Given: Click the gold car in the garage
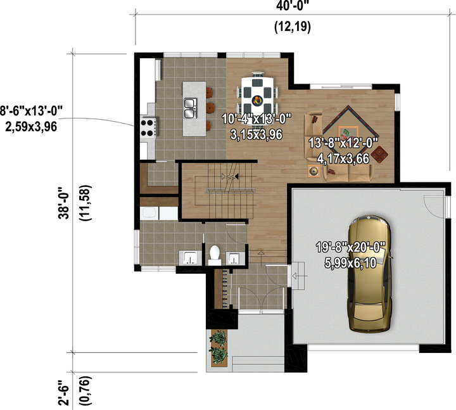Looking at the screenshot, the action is (x=369, y=274).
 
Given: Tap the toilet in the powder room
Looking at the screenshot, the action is (x=215, y=255).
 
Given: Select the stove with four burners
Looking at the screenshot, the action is (x=148, y=129).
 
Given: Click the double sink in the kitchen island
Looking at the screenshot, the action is (x=190, y=108).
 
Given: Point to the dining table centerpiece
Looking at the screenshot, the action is (x=257, y=101).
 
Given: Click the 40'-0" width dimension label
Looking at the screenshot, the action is (x=292, y=6).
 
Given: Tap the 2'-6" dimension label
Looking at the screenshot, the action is (x=63, y=392).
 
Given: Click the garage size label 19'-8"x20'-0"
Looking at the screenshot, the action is (x=351, y=248).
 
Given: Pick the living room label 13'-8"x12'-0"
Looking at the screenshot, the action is (x=343, y=143).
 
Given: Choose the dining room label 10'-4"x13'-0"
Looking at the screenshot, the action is (x=256, y=119).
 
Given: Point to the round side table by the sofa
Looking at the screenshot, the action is (x=313, y=171).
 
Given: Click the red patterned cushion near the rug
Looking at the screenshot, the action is (x=379, y=154).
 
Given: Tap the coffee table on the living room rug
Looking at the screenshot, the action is (x=348, y=134).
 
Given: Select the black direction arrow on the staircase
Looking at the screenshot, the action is (x=236, y=176).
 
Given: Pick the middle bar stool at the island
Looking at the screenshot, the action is (x=210, y=108).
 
